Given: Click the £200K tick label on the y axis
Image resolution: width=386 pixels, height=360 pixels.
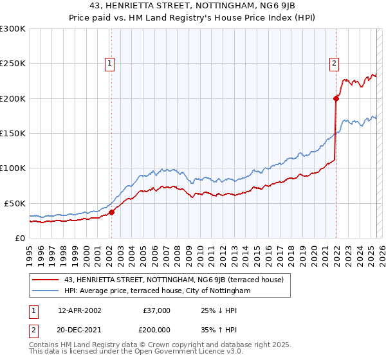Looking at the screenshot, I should click(x=12, y=99).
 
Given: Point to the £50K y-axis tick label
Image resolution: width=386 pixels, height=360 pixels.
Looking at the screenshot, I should click(x=14, y=203).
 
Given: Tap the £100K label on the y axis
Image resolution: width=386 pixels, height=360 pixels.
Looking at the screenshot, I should click(x=12, y=168).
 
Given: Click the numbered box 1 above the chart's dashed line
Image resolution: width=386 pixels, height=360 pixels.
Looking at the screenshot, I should click(x=111, y=63).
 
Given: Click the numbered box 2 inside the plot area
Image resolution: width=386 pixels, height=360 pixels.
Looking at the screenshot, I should click(x=335, y=63).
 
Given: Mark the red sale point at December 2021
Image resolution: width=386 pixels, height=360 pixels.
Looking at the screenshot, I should click(x=336, y=98).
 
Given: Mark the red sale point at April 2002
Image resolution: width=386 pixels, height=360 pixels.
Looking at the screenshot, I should click(x=111, y=212).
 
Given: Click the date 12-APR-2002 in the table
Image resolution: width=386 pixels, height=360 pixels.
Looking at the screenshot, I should click(x=80, y=310).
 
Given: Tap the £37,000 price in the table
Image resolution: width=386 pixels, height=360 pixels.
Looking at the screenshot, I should click(x=155, y=310).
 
